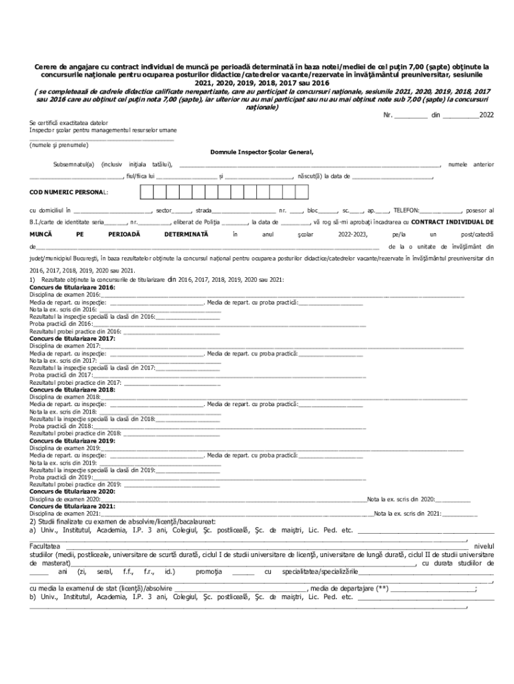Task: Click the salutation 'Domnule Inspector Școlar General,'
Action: point(262,152)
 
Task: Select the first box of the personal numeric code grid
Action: point(146,192)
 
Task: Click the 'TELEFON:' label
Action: point(407,210)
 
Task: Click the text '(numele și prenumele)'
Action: point(58,145)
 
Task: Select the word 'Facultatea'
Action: point(44,546)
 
